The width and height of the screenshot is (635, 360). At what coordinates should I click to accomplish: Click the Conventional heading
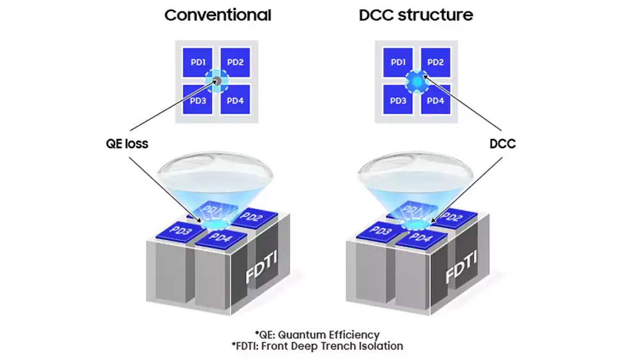pyautogui.click(x=217, y=15)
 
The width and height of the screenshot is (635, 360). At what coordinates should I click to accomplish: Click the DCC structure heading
pyautogui.click(x=416, y=15)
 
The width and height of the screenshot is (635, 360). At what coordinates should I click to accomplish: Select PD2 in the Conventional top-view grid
pyautogui.click(x=236, y=62)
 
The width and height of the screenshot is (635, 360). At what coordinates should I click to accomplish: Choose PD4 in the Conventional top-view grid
pyautogui.click(x=236, y=101)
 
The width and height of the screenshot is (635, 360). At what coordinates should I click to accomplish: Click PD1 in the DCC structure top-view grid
pyautogui.click(x=398, y=62)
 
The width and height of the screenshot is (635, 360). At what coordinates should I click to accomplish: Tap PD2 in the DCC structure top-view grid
pyautogui.click(x=435, y=62)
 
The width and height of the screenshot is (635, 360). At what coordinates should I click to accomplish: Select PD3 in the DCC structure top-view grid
pyautogui.click(x=398, y=101)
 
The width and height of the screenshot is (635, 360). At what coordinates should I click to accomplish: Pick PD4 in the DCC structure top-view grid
pyautogui.click(x=435, y=101)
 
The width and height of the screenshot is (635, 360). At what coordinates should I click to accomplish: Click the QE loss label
pyautogui.click(x=127, y=143)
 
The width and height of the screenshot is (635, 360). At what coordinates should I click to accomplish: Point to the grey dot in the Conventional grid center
pyautogui.click(x=217, y=81)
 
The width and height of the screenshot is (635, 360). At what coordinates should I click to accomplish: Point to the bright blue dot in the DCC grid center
pyautogui.click(x=417, y=81)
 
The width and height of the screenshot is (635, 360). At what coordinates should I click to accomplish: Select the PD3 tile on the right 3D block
pyautogui.click(x=378, y=230)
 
